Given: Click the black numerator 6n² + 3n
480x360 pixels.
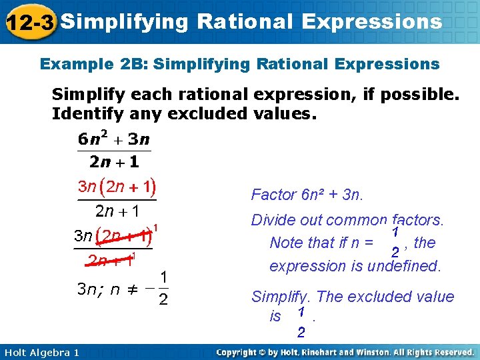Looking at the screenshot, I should tap(114, 139).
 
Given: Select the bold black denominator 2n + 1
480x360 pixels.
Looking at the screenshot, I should tap(114, 162).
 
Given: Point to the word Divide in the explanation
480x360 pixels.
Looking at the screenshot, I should tap(272, 220).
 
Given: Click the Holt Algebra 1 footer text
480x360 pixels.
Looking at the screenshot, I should tap(41, 352).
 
